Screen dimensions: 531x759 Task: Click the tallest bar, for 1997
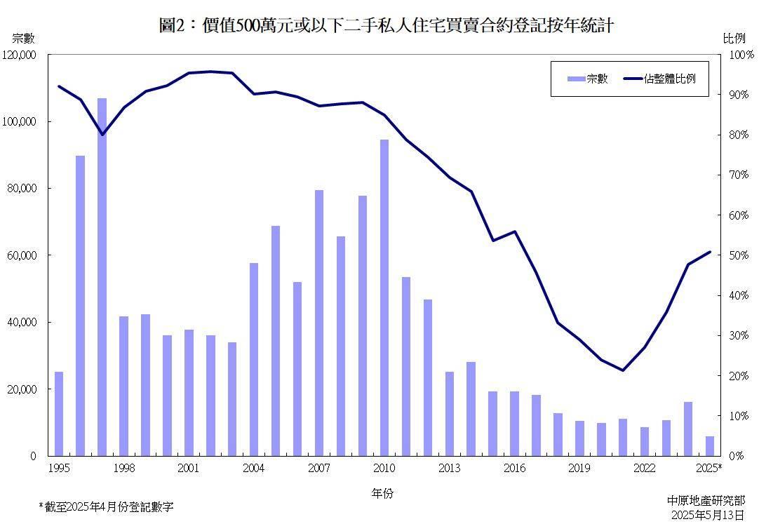click(102, 277)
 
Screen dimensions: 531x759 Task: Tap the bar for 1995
click(59, 414)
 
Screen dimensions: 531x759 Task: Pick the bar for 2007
click(319, 323)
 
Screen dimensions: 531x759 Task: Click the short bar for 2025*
click(710, 446)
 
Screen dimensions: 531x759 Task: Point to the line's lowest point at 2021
click(623, 370)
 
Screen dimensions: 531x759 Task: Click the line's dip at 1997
click(102, 135)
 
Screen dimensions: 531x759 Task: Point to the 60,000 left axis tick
click(22, 255)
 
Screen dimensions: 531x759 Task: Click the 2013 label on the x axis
click(450, 468)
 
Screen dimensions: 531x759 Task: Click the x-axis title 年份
click(382, 493)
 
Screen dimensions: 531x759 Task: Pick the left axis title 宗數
click(23, 39)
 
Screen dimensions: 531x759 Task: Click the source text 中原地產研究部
click(706, 501)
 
